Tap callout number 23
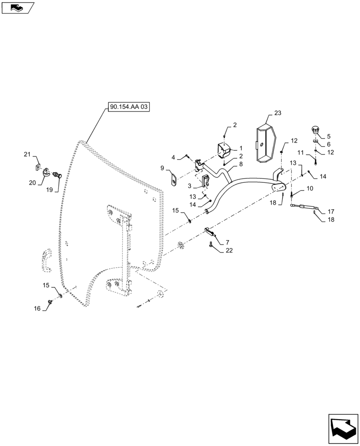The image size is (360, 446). click(x=278, y=113)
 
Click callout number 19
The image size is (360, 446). click(x=49, y=190)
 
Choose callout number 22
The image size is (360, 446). click(x=229, y=251)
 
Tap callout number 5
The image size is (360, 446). click(x=329, y=136)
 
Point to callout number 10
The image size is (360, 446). click(x=310, y=189)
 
